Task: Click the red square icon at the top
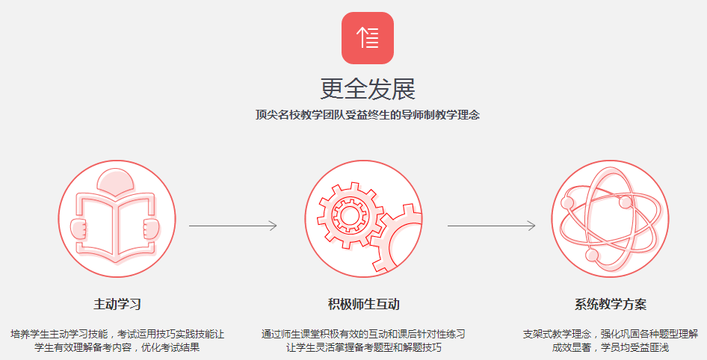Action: pyautogui.click(x=368, y=37)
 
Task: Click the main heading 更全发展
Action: pyautogui.click(x=368, y=89)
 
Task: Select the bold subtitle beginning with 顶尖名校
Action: pyautogui.click(x=368, y=115)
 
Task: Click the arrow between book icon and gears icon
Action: pyautogui.click(x=233, y=225)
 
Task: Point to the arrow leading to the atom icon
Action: pyautogui.click(x=492, y=225)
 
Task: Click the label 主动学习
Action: pyautogui.click(x=117, y=304)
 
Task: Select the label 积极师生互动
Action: pyautogui.click(x=364, y=304)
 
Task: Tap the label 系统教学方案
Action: pyautogui.click(x=611, y=304)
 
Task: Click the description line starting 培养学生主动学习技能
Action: pyautogui.click(x=117, y=333)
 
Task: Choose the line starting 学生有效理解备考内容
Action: pyautogui.click(x=117, y=347)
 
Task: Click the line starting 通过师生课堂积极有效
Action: pyautogui.click(x=364, y=333)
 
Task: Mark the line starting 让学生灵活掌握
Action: pyautogui.click(x=364, y=347)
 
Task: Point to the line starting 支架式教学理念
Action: pyautogui.click(x=611, y=333)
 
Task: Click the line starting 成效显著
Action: pyautogui.click(x=611, y=347)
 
